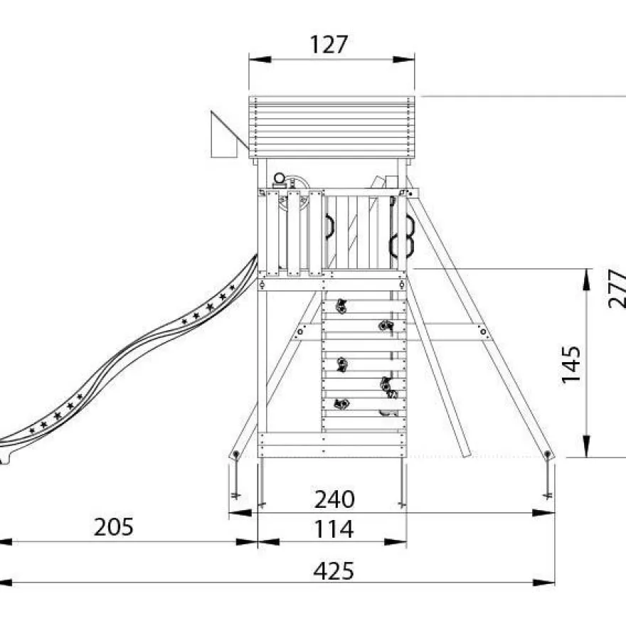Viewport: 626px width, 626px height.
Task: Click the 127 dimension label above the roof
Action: (x=329, y=44)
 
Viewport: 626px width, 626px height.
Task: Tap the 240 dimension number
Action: (x=334, y=499)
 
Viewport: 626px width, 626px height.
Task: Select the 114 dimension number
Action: (x=334, y=529)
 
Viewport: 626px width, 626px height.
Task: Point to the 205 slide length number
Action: (x=113, y=527)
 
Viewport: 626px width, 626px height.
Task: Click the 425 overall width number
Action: (x=334, y=571)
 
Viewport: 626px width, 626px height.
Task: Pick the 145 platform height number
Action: (x=571, y=364)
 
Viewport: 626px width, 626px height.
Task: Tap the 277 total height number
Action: (x=617, y=288)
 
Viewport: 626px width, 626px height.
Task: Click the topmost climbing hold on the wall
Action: (x=341, y=306)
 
